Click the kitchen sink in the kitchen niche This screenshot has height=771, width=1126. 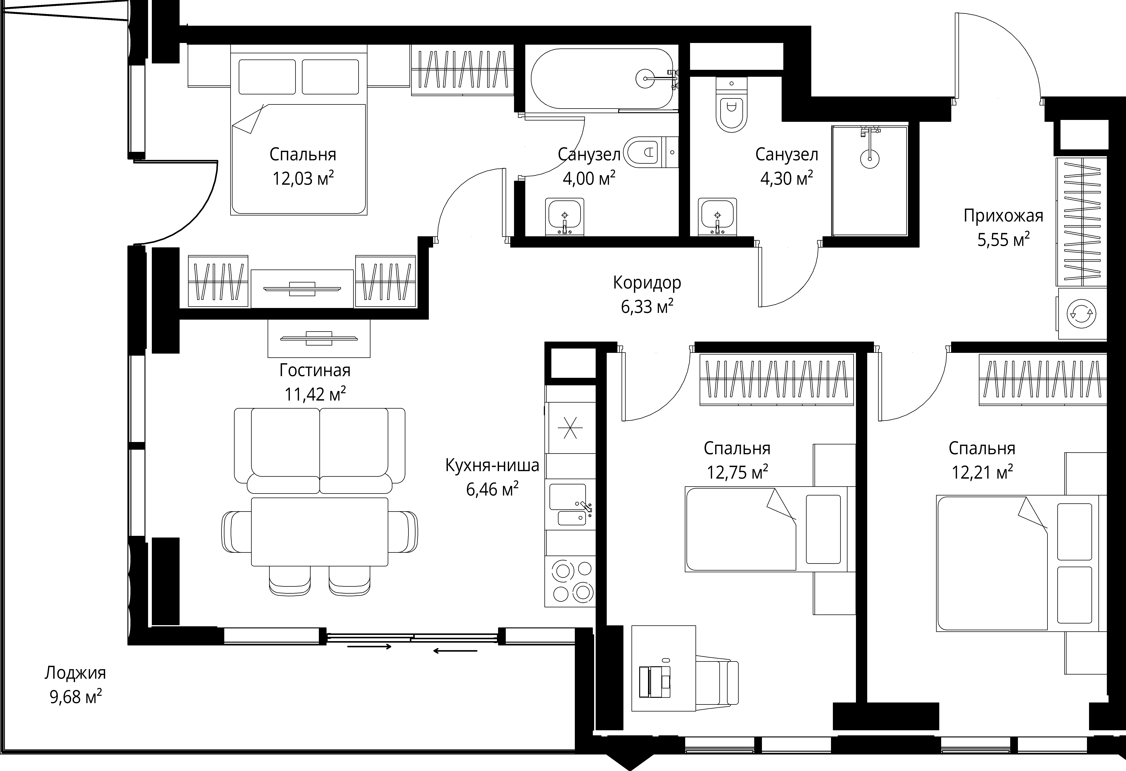click(x=570, y=505)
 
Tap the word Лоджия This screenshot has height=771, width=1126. click(x=75, y=673)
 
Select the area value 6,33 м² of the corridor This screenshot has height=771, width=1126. click(x=647, y=306)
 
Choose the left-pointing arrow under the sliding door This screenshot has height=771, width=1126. click(x=455, y=651)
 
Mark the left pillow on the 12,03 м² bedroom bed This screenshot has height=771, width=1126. click(x=267, y=77)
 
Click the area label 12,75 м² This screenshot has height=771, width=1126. click(x=737, y=471)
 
